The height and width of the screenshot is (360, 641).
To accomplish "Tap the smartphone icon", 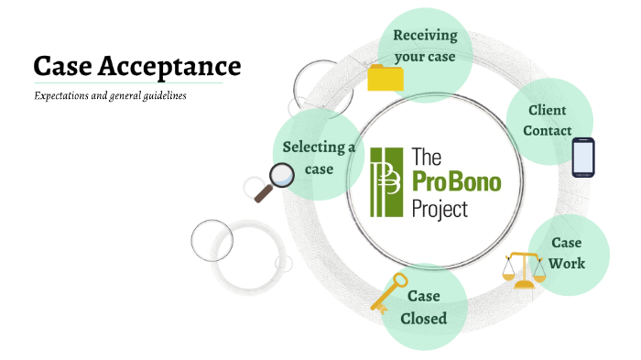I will pos(583,157).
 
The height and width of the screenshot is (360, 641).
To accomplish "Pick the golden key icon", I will pos(388,291).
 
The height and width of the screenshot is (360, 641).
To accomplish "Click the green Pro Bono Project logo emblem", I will pos(386,180).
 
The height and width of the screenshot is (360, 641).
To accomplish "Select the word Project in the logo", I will pos(440,208).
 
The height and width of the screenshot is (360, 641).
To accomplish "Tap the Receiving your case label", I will pos(425,45).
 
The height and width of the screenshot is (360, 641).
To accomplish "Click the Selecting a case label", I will pos(319,158).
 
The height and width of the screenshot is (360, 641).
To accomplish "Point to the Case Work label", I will pos(567,253).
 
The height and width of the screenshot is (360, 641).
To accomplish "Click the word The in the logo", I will pos(428,155).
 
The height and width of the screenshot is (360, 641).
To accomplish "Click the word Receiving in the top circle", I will pos(425,36).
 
